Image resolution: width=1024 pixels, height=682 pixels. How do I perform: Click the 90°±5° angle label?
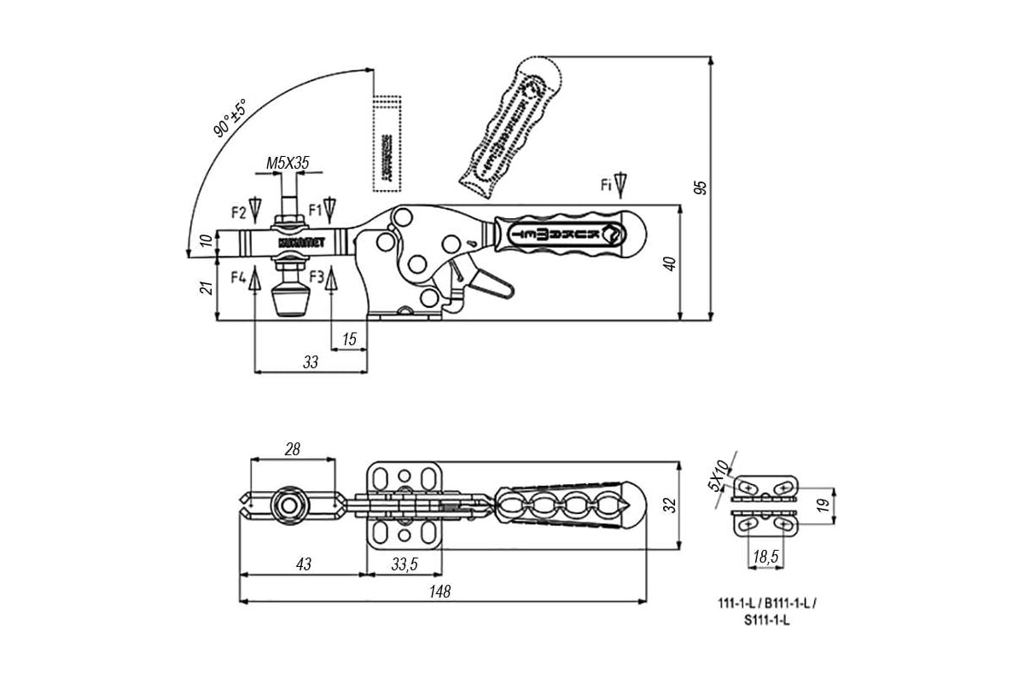pos(230,118)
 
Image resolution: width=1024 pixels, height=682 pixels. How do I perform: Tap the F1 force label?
pos(315,208)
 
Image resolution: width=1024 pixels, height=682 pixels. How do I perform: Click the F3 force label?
pos(316,276)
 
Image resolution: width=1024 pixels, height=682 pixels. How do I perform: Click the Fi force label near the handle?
pos(606,183)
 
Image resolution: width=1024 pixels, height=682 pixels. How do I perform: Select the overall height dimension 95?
pos(701,187)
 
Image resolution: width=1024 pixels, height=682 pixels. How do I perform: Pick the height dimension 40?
pos(671,263)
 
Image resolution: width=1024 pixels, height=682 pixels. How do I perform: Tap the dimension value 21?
pos(206,288)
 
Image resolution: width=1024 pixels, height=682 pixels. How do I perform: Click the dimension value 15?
pos(349,339)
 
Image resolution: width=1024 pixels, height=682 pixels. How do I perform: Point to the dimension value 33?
pos(311,362)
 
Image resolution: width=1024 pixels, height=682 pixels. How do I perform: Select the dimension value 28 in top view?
pos(292,449)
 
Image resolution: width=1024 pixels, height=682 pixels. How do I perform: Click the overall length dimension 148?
pos(439,591)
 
